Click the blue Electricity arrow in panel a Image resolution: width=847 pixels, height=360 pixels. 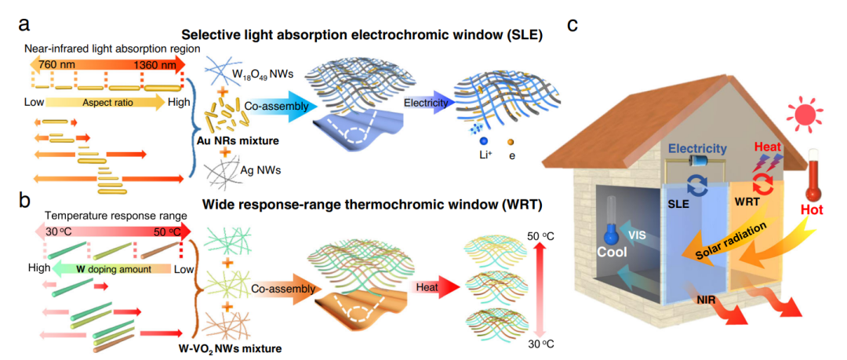pos(428,103)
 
